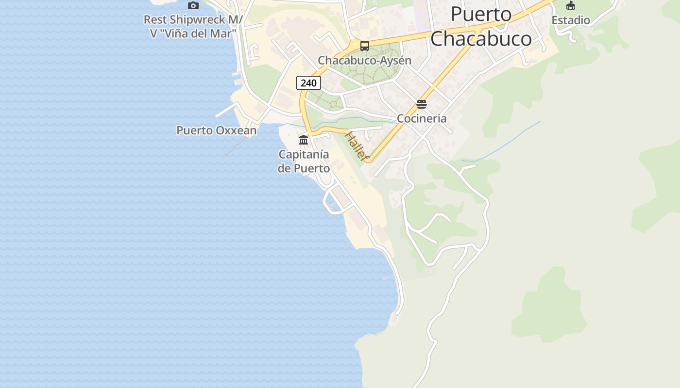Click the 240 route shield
[308, 83]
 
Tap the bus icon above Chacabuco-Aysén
[365, 46]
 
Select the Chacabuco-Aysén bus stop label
[364, 61]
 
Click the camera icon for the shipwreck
[193, 5]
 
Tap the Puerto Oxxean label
[216, 130]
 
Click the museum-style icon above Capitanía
[304, 140]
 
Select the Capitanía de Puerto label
[304, 162]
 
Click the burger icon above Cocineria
[422, 104]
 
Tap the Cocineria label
[422, 119]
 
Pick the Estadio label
[571, 20]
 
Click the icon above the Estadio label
[571, 6]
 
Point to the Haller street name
[356, 145]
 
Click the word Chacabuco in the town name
[481, 39]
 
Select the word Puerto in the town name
[481, 14]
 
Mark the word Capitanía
[304, 155]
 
